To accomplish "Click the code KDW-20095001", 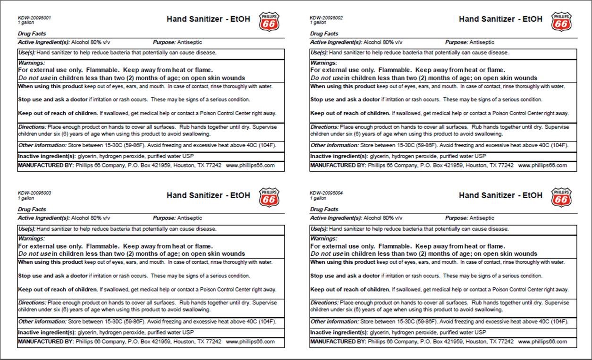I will pyautogui.click(x=34, y=18).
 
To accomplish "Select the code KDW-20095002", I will pyautogui.click(x=326, y=18).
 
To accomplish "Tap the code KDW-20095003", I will pyautogui.click(x=34, y=193).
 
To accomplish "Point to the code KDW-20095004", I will pyautogui.click(x=326, y=193).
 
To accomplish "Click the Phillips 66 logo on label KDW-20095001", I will pyautogui.click(x=269, y=22).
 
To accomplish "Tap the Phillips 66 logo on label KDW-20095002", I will pyautogui.click(x=561, y=22).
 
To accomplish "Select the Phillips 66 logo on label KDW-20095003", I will pyautogui.click(x=269, y=197).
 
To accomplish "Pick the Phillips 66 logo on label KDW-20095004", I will pyautogui.click(x=561, y=197).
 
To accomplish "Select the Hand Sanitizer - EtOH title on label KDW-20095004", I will pyautogui.click(x=500, y=195).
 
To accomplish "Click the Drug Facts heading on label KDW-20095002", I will pyautogui.click(x=324, y=34).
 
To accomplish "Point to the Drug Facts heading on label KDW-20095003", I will pyautogui.click(x=32, y=209).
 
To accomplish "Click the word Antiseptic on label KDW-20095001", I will pyautogui.click(x=189, y=42).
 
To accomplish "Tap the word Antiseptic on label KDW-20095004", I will pyautogui.click(x=482, y=218).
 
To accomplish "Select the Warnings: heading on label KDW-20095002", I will pyautogui.click(x=323, y=63).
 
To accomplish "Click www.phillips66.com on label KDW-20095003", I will pyautogui.click(x=250, y=342).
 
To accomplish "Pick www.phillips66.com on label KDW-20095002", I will pyautogui.click(x=542, y=166).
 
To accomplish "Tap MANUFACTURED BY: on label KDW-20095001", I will pyautogui.click(x=46, y=166).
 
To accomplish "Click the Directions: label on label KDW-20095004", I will pyautogui.click(x=324, y=303).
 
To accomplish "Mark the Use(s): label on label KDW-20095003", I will pyautogui.click(x=27, y=229).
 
